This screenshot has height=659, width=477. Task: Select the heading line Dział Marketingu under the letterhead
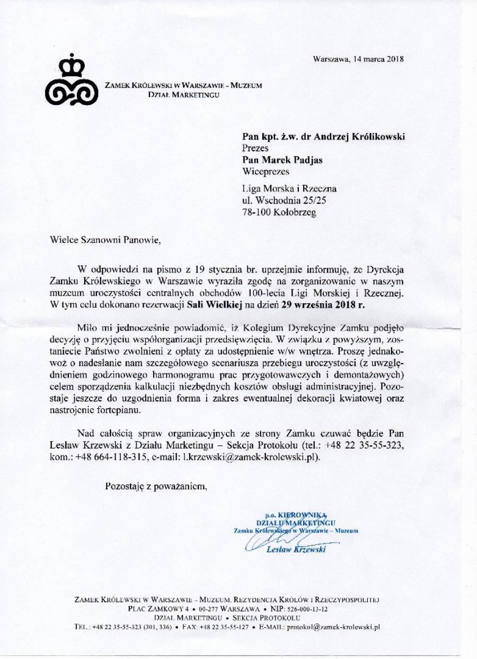click(183, 95)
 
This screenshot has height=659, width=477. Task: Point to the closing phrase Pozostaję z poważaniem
click(155, 486)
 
